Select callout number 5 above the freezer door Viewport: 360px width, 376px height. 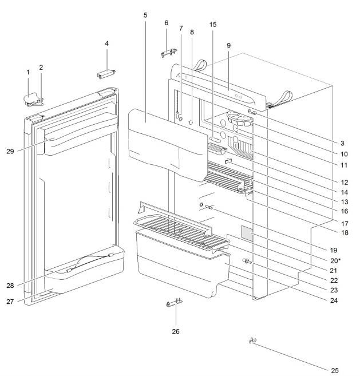point(145,14)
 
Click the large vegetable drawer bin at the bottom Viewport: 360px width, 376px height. point(180,263)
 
